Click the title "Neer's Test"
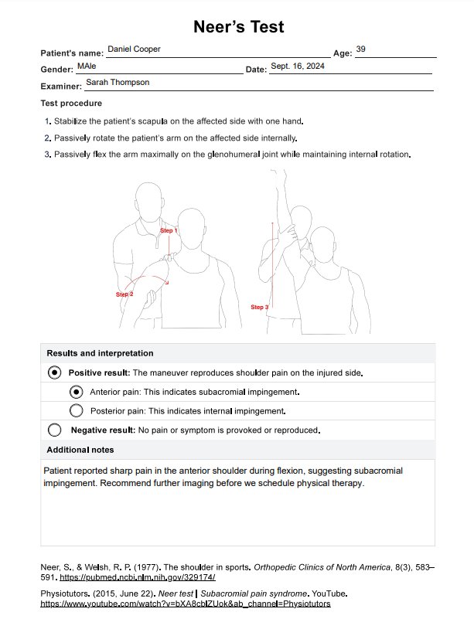click(x=238, y=27)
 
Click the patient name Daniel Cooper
click(x=135, y=49)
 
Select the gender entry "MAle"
click(x=87, y=66)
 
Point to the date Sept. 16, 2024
click(x=298, y=66)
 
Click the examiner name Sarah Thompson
click(x=118, y=82)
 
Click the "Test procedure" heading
click(x=71, y=104)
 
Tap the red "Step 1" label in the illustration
click(x=169, y=230)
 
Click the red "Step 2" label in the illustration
click(x=124, y=294)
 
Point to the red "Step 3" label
click(x=260, y=307)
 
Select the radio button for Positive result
click(x=54, y=372)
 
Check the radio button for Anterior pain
click(x=76, y=392)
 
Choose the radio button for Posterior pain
click(x=76, y=410)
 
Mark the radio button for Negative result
click(x=54, y=430)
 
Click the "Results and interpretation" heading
click(x=100, y=353)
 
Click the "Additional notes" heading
click(x=80, y=450)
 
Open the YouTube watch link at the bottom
click(x=186, y=603)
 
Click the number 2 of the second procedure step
click(x=48, y=138)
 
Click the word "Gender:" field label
click(x=56, y=70)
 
